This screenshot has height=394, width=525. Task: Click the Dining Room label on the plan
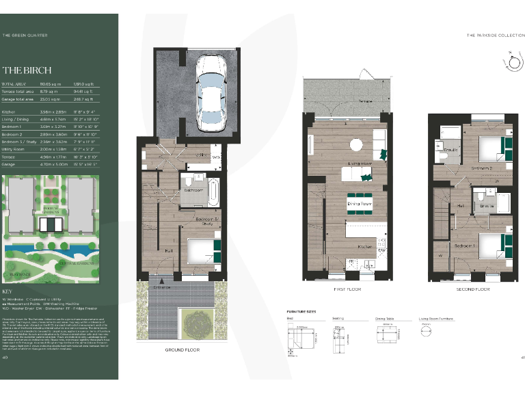(x=359, y=204)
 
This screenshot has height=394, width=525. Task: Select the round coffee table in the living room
(x=355, y=144)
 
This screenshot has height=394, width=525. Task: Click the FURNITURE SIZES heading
(x=301, y=312)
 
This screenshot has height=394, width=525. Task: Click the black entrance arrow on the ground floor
(x=161, y=279)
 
